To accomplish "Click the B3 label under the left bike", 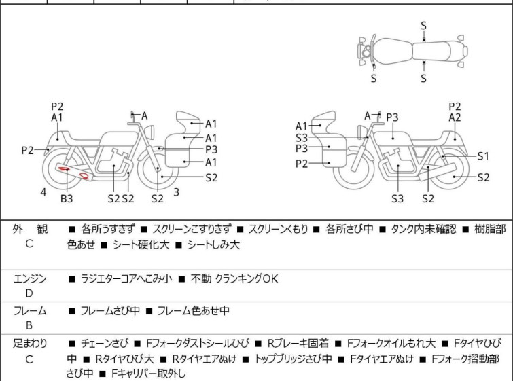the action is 67,198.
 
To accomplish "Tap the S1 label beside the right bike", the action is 483,156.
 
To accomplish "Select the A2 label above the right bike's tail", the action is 455,117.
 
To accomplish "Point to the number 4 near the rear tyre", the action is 43,192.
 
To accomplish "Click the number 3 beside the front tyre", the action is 177,192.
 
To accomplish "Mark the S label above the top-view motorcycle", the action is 424,26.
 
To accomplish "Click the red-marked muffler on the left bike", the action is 73,172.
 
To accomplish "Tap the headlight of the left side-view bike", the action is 150,132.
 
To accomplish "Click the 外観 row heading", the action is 30,229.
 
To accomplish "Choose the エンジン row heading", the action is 30,279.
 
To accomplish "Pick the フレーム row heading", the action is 30,310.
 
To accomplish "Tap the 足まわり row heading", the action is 30,344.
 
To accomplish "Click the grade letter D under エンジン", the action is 29,293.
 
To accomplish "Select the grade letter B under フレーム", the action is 29,325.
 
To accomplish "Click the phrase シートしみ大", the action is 213,245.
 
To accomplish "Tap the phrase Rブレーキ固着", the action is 298,344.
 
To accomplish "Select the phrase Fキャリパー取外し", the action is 148,373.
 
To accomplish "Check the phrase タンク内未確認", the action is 423,229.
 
